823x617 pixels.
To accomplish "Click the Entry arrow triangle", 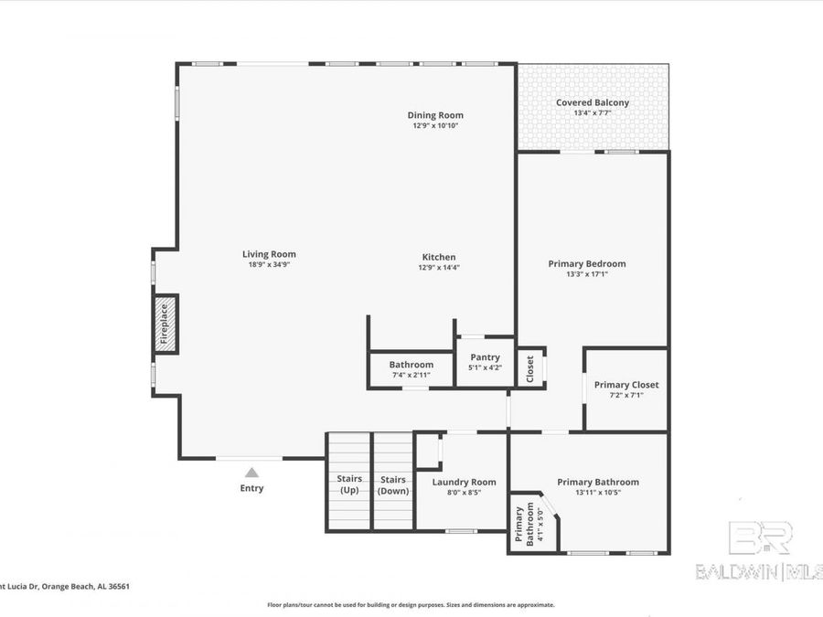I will (251, 472).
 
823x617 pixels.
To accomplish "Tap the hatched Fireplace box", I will (166, 324).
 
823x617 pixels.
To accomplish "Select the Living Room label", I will (269, 254).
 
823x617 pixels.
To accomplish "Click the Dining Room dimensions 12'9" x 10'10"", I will (435, 126).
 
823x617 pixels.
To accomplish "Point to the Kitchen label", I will (438, 257).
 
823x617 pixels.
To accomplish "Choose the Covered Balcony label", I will (593, 102).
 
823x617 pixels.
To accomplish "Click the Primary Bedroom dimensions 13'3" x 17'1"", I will (587, 274).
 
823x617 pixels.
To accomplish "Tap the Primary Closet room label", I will (625, 385).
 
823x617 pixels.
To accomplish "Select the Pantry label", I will (485, 357).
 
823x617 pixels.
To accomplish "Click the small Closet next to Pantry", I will (530, 368).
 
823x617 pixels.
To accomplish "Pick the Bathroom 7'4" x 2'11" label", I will (411, 365).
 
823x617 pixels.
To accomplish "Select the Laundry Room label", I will (464, 482).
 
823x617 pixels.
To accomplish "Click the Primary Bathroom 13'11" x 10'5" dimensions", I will (598, 493).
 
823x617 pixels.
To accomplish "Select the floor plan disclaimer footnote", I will (411, 604).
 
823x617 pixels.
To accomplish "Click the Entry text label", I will (251, 488).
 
